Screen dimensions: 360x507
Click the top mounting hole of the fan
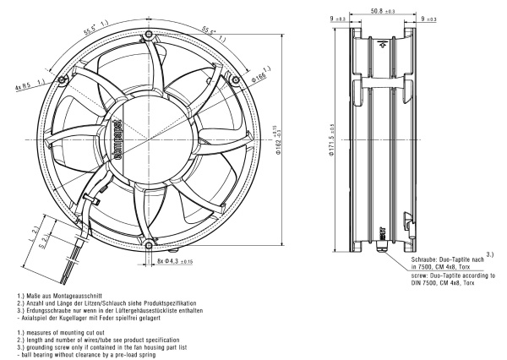[x=148, y=35]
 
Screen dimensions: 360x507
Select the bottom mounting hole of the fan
[x=149, y=245]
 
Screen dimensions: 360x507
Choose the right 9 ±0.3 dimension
[x=428, y=18]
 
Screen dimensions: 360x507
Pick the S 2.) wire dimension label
[x=46, y=242]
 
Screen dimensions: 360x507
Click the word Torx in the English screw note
[x=487, y=283]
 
